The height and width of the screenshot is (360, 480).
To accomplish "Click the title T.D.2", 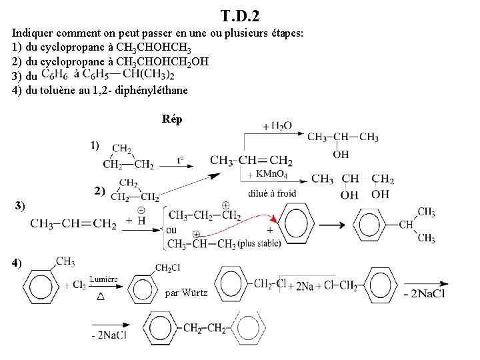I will pyautogui.click(x=240, y=14).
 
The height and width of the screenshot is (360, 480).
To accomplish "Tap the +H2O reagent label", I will pyautogui.click(x=277, y=125).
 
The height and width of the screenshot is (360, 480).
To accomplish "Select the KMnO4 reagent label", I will pyautogui.click(x=272, y=175).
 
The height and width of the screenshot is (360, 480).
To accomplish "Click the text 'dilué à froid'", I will pyautogui.click(x=271, y=193).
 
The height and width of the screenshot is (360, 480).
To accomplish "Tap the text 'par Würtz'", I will pyautogui.click(x=185, y=293).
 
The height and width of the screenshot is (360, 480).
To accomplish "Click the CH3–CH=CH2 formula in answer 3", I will pyautogui.click(x=73, y=225).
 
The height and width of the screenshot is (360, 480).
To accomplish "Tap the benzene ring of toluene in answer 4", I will pyautogui.click(x=39, y=285).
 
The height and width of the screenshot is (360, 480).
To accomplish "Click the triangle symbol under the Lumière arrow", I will pyautogui.click(x=101, y=297).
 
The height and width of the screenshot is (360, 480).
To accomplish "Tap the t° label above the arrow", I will pyautogui.click(x=181, y=159).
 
